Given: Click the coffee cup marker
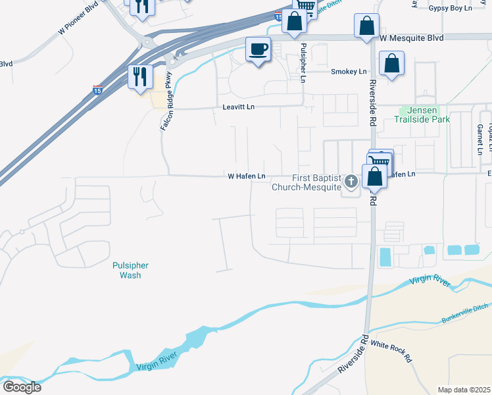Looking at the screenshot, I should tap(258, 49).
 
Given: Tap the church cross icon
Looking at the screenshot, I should tap(351, 180).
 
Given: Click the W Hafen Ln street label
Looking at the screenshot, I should tap(246, 176).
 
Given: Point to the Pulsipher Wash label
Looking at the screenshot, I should tap(130, 270).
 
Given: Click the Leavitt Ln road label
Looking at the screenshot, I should tap(238, 107).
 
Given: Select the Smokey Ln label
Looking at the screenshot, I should tap(349, 72).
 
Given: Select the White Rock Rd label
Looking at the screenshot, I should tap(391, 352).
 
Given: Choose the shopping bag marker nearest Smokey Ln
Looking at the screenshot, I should tap(391, 64).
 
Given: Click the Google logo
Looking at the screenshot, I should tap(22, 386).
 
